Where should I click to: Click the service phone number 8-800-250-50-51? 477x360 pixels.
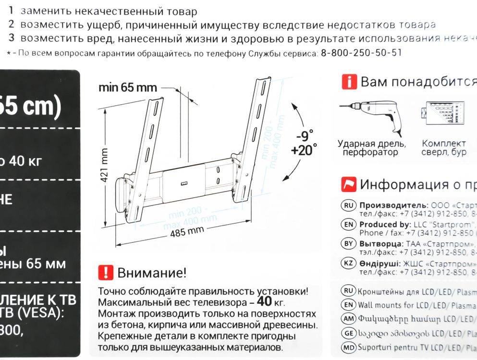coord(360,53)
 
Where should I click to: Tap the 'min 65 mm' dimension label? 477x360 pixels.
coord(128,87)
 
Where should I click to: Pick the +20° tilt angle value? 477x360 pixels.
coord(304,150)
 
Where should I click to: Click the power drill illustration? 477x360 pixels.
coord(371,116)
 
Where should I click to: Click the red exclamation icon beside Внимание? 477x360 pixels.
coord(105,273)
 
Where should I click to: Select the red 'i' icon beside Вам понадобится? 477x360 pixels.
coord(349,82)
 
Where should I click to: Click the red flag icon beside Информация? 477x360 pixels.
coord(349,184)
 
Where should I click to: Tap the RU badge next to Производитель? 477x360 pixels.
coord(349,205)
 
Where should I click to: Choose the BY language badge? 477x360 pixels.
coord(349,244)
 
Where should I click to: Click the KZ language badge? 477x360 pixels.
coord(349,264)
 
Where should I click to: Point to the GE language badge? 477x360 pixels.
coord(349,333)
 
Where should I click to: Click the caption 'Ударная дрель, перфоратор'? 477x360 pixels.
coord(371,148)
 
